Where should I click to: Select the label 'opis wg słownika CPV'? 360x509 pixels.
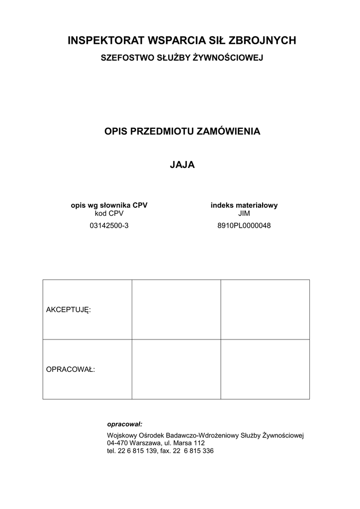point(109,205)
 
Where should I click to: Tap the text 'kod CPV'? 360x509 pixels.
point(109,213)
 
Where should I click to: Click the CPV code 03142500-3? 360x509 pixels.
point(109,225)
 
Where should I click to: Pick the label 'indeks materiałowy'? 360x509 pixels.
point(244,205)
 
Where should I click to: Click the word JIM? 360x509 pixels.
point(244,213)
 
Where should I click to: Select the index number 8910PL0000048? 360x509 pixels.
point(244,225)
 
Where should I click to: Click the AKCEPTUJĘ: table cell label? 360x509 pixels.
point(69,310)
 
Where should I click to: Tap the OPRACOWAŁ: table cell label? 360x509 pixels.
point(71,369)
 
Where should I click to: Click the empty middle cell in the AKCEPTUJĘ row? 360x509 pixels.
point(176,309)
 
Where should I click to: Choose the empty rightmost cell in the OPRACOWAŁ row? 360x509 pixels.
point(265,369)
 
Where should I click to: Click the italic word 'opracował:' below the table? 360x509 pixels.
point(125,424)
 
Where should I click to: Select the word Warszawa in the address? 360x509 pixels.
point(144,443)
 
